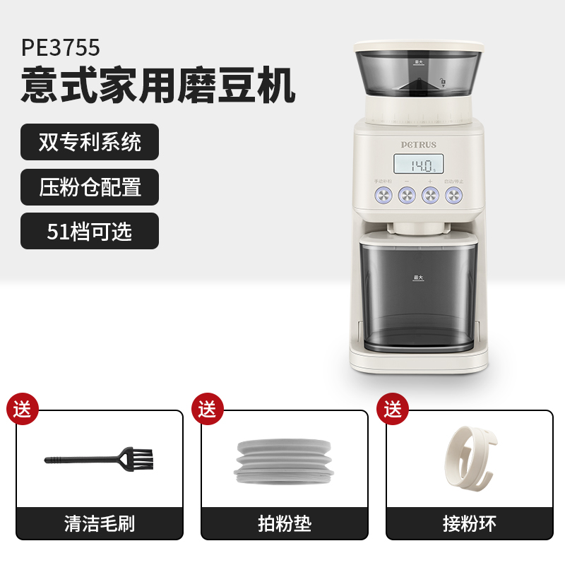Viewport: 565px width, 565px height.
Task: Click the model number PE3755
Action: [x=61, y=47]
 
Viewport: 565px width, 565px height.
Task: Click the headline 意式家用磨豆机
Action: [x=157, y=85]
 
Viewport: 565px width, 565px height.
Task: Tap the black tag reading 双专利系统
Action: [x=90, y=142]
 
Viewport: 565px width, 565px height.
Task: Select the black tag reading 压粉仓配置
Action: [x=90, y=186]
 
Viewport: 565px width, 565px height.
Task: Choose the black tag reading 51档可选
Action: [x=90, y=231]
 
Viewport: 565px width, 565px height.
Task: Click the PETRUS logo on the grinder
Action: [x=419, y=145]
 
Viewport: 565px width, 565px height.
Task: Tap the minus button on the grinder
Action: [x=407, y=196]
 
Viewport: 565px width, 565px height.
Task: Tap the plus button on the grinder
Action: [x=430, y=196]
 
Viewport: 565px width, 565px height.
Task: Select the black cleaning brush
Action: [x=100, y=459]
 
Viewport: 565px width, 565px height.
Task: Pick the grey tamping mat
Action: [x=284, y=463]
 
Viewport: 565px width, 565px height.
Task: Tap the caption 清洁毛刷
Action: [x=100, y=523]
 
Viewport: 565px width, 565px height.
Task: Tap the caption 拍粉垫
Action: [x=285, y=523]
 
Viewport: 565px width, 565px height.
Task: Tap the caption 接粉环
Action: [x=470, y=523]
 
